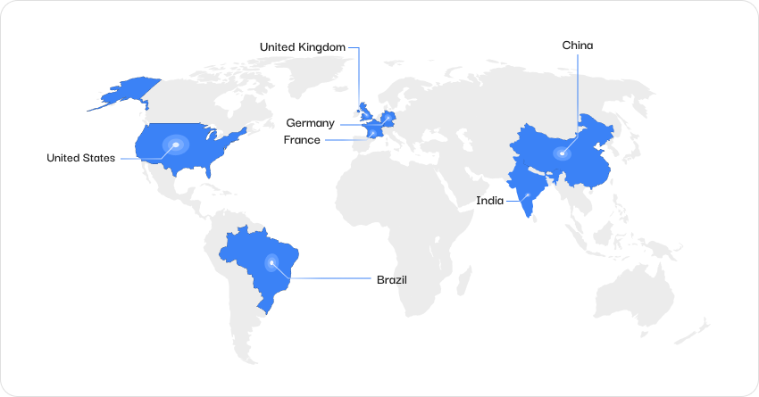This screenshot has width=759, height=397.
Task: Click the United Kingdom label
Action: [302, 46]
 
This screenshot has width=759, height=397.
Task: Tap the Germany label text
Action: [310, 123]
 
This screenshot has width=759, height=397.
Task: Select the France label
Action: [302, 140]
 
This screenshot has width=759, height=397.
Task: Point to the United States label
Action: [80, 158]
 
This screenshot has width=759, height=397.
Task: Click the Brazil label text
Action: [391, 279]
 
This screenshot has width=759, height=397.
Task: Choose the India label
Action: [489, 202]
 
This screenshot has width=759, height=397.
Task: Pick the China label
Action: [577, 45]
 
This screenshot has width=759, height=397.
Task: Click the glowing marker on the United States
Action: [176, 145]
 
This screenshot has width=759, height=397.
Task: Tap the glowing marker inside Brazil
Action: [271, 262]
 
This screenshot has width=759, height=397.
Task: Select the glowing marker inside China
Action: [563, 153]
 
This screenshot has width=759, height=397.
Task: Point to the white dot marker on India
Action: [529, 194]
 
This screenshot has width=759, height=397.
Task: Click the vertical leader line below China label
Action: [577, 89]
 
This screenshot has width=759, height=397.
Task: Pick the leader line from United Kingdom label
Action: [359, 76]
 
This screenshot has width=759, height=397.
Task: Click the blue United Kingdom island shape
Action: [364, 112]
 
